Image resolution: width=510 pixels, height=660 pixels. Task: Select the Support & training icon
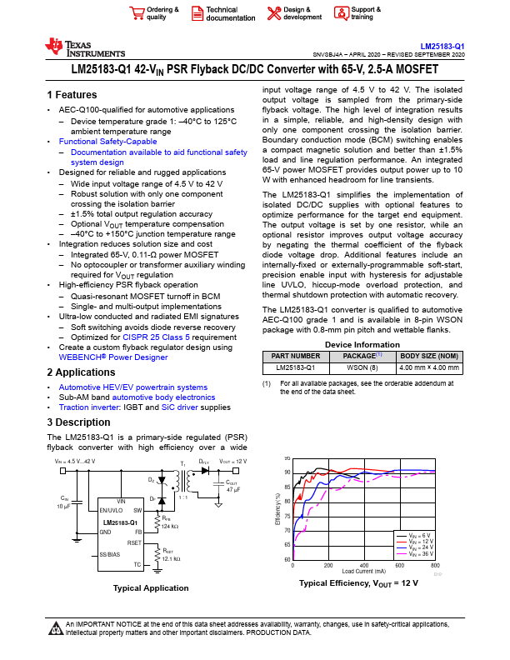pos(342,12)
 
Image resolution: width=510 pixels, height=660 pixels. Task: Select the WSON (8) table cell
pos(362,367)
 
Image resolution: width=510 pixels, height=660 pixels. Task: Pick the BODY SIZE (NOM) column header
pos(428,355)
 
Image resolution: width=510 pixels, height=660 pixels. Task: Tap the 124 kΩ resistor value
pos(171,527)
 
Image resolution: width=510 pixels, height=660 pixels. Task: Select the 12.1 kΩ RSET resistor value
pos(172,557)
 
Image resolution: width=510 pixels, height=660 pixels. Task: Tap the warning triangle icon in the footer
pos(55,627)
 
